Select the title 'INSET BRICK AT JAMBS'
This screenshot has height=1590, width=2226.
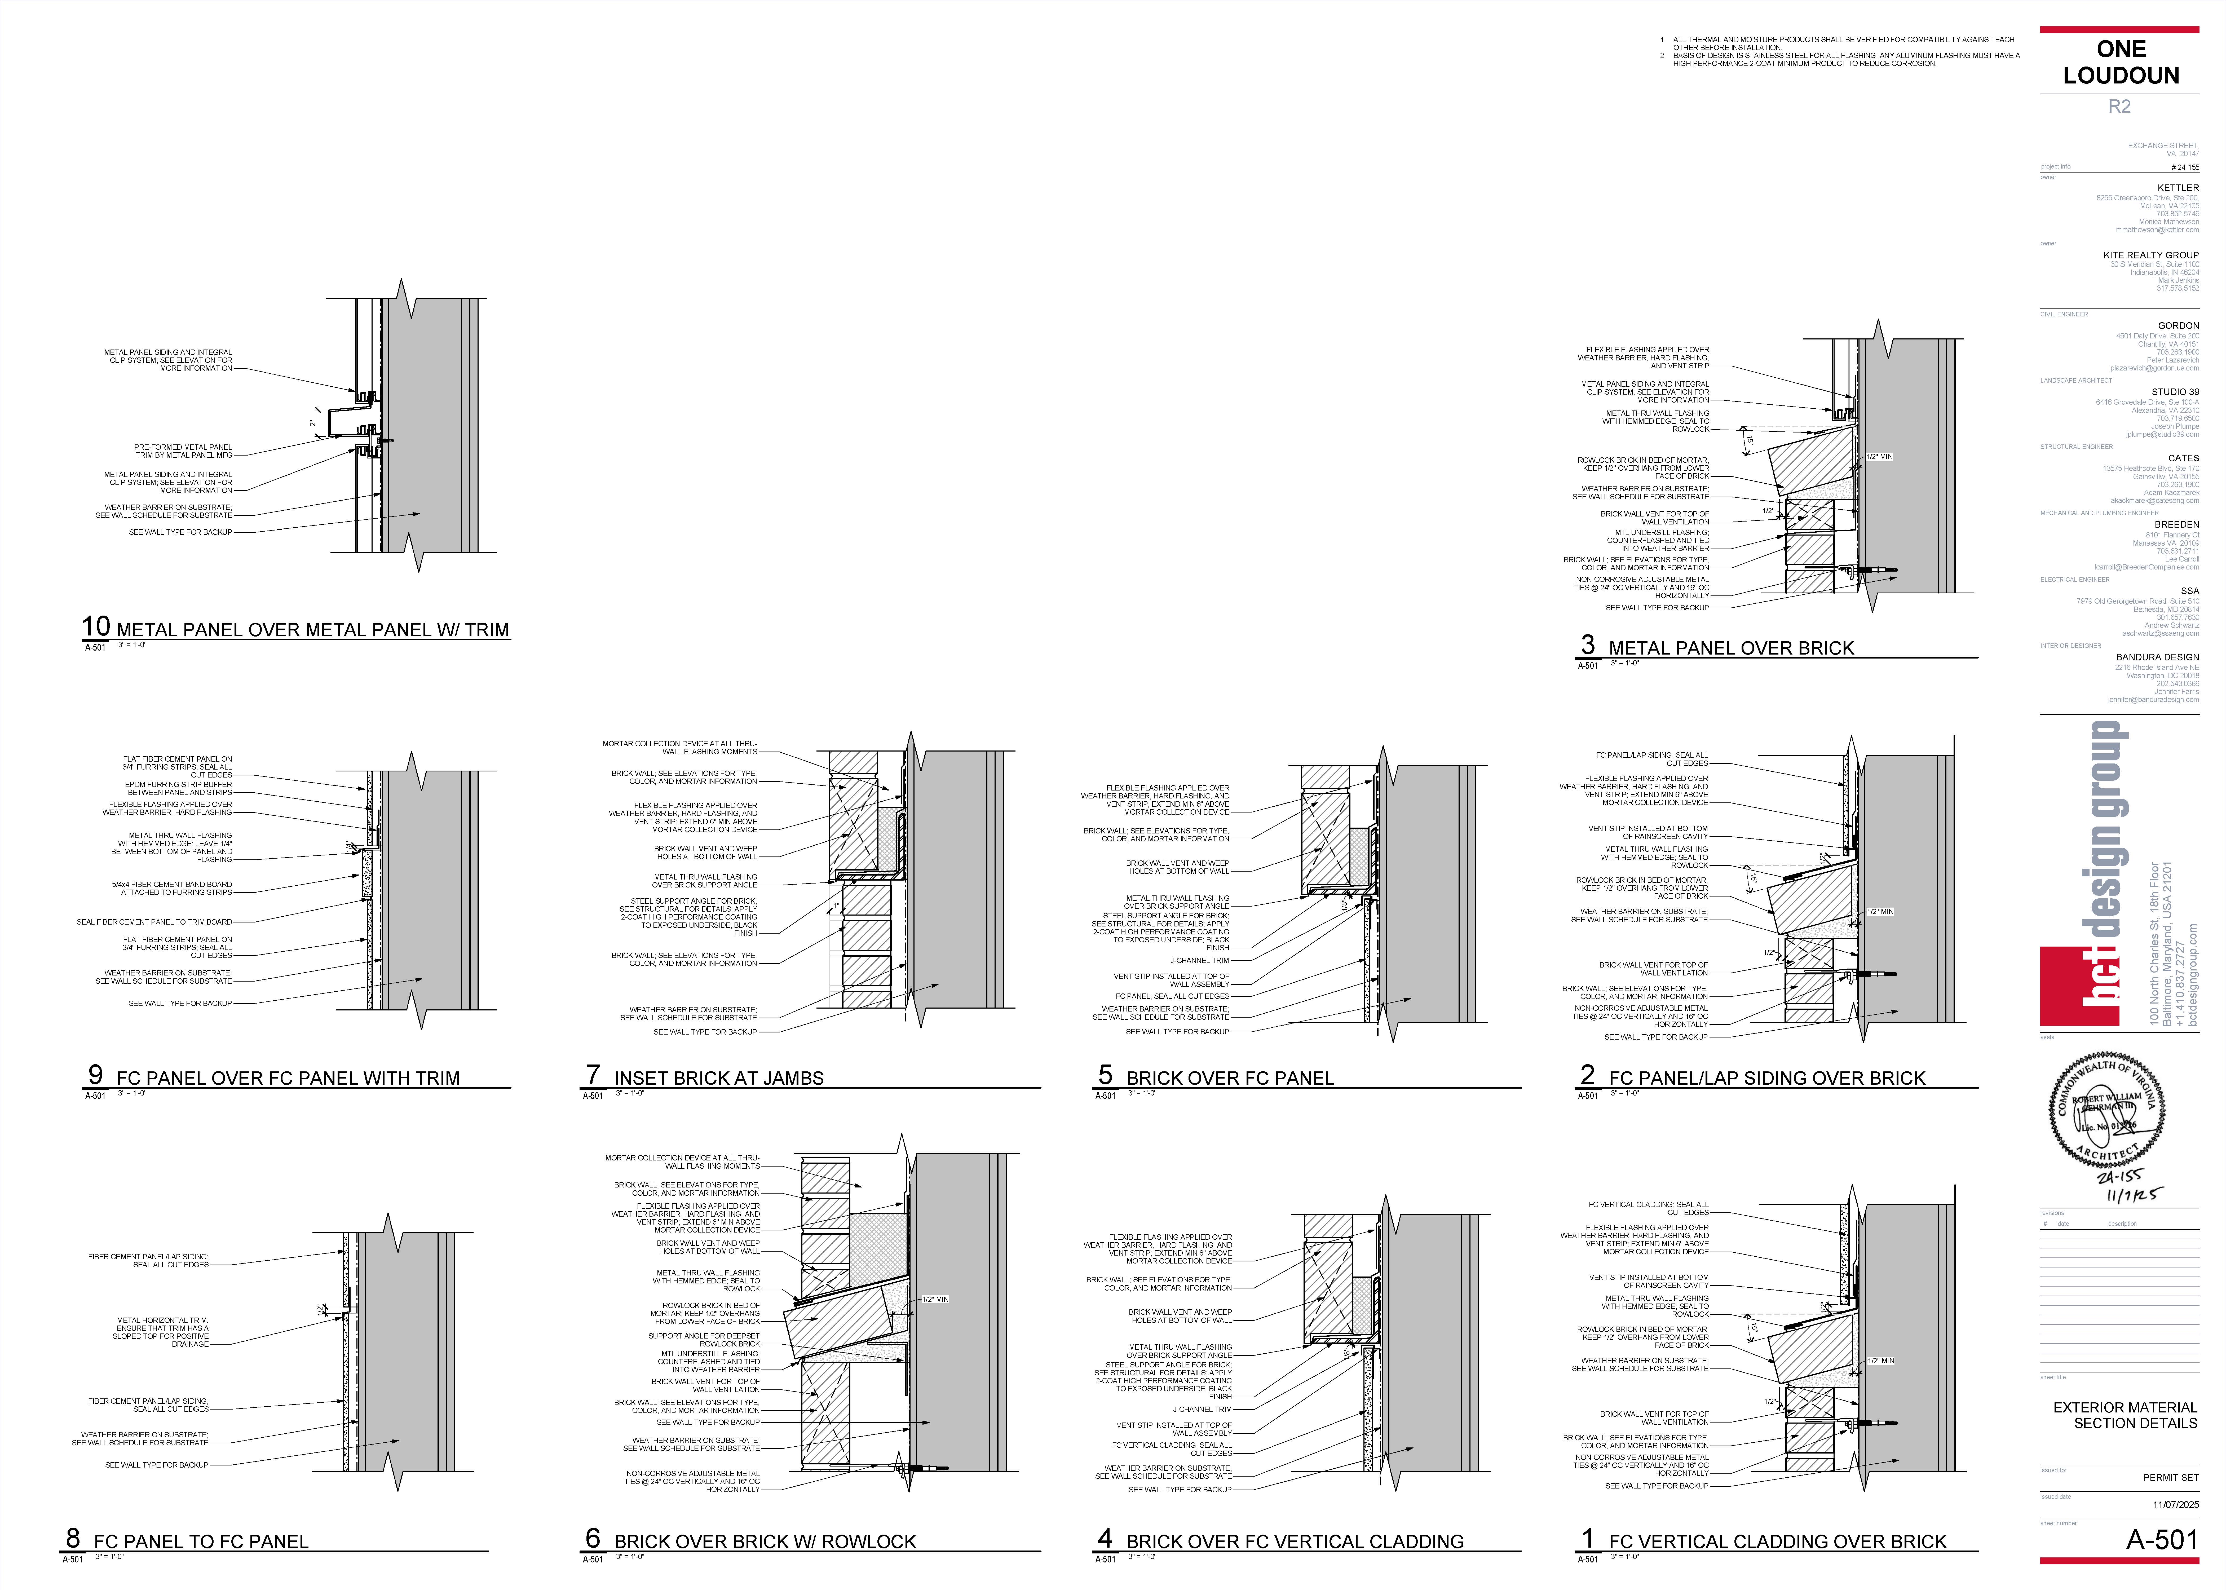[718, 1078]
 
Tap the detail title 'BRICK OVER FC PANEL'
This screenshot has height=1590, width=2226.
[1230, 1078]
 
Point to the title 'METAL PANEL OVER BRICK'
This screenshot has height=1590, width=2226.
[1731, 648]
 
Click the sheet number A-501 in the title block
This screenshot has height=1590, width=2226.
[2162, 1540]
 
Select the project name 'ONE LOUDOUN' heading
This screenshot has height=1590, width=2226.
[2120, 63]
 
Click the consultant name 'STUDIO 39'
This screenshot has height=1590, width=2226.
[2175, 392]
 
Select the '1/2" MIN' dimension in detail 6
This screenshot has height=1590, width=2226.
[935, 1299]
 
